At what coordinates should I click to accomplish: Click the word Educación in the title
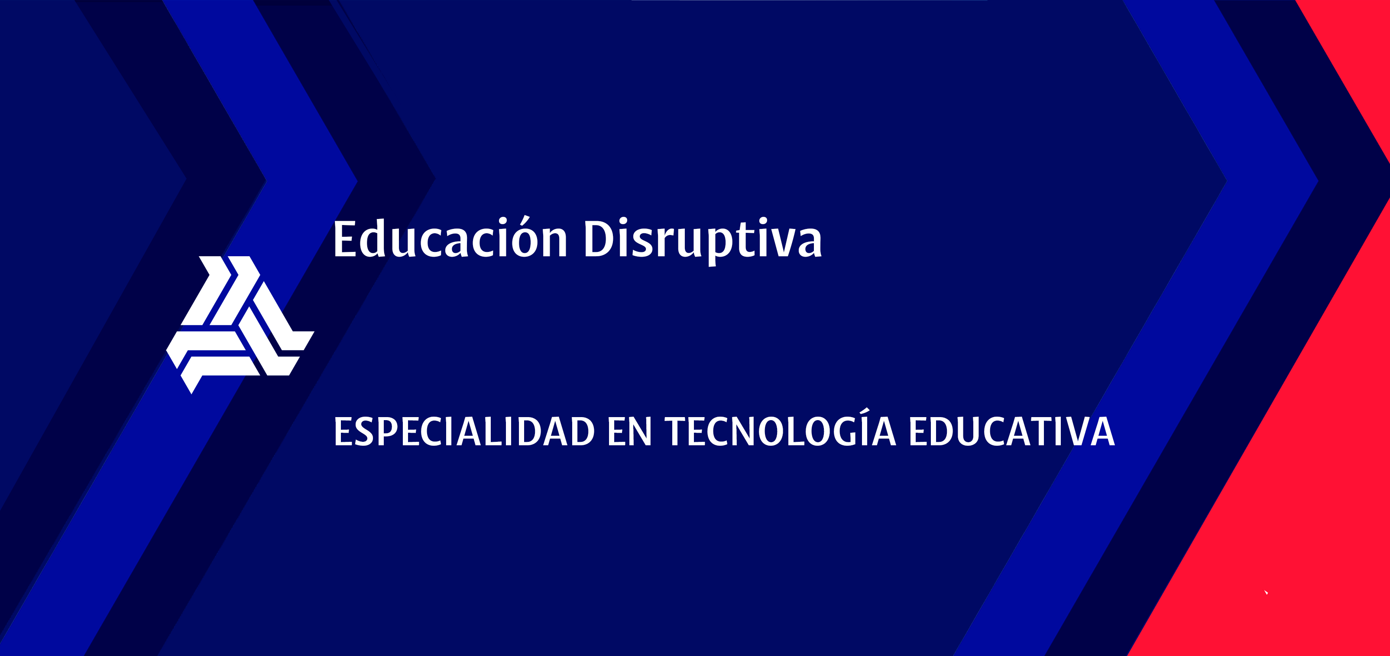[x=450, y=237]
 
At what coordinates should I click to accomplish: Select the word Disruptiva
[x=703, y=241]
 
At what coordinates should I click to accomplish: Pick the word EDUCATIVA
[x=1012, y=431]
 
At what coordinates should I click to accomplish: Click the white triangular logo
[x=240, y=324]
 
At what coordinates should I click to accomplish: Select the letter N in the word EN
[x=640, y=431]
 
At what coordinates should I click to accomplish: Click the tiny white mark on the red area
[x=1266, y=592]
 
